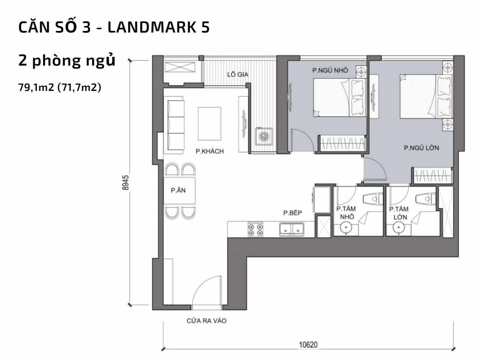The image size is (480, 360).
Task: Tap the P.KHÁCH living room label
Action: pyautogui.click(x=210, y=151)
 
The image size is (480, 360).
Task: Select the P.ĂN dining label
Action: pyautogui.click(x=177, y=191)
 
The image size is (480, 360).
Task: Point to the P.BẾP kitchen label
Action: pyautogui.click(x=292, y=213)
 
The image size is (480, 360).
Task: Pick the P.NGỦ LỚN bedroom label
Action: pyautogui.click(x=421, y=148)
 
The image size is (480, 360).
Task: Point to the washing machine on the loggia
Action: pyautogui.click(x=264, y=135)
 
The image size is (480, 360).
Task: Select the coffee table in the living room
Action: pyautogui.click(x=209, y=123)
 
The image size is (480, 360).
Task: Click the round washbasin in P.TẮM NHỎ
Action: pyautogui.click(x=346, y=228)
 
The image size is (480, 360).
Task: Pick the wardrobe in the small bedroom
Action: pyautogui.click(x=342, y=143)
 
